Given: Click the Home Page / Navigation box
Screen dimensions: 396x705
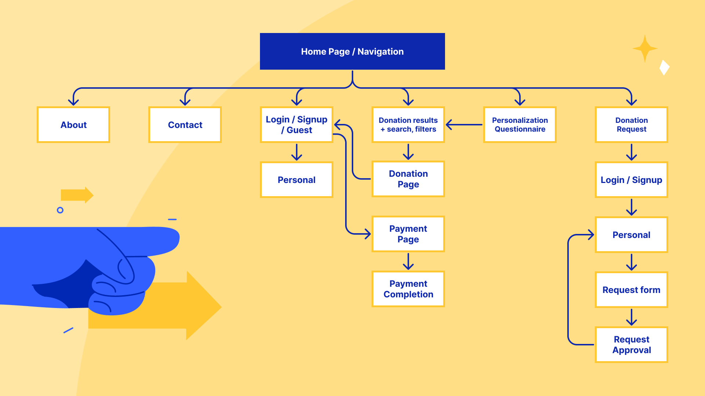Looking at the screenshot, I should pos(352,51).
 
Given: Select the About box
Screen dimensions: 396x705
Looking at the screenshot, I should pos(73,125).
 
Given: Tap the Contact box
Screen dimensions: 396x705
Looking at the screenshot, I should pos(185,125).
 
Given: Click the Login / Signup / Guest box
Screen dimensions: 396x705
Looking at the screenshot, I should pos(296,125).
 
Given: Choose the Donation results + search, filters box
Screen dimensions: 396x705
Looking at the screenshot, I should pos(408,125).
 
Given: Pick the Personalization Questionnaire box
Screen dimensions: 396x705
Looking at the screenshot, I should pos(520,125).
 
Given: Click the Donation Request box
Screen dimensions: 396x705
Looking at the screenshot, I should pos(631,125).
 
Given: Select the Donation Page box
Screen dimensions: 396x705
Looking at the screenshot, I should pos(408,179).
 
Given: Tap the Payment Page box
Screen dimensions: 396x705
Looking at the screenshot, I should pos(408,234).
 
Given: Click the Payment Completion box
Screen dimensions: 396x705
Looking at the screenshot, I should pos(408,289).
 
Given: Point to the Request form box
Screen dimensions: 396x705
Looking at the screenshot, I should pos(631,290).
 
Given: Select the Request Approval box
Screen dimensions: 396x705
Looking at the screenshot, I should pos(631,345).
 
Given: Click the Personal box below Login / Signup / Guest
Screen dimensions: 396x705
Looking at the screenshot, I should pos(296,180).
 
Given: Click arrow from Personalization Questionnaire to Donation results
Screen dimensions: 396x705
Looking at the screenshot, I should pos(464,125).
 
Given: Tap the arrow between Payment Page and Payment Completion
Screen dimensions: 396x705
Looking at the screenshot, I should pos(408,261).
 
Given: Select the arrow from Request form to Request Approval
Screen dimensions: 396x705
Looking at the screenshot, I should pos(631,317).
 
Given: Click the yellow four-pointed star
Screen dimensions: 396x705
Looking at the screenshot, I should pos(645,48).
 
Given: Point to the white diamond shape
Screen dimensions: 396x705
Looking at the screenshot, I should pos(664,67).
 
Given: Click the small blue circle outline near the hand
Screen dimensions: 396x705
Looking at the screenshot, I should pos(60,210).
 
